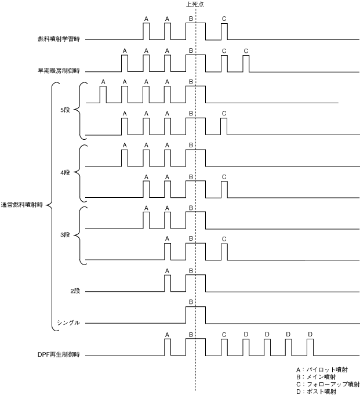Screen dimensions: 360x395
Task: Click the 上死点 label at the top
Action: [x=195, y=4]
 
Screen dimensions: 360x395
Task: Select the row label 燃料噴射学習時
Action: [x=58, y=39]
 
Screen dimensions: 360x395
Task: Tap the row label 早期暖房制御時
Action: [x=58, y=72]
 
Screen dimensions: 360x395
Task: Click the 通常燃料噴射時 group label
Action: [x=23, y=204]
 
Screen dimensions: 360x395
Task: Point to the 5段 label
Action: [x=64, y=110]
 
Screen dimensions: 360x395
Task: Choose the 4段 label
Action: [x=64, y=173]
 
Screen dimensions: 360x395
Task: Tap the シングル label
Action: [x=68, y=322]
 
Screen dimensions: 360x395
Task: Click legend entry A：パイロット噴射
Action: [x=322, y=369]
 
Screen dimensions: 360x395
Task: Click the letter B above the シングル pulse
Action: [x=191, y=302]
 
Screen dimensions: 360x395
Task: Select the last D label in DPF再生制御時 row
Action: [x=310, y=335]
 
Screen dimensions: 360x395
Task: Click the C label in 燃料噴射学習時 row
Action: [x=224, y=19]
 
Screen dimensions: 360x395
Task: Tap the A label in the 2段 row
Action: [x=167, y=270]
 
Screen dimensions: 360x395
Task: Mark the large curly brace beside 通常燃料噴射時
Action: [x=53, y=206]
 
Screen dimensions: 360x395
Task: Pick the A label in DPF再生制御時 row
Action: [x=167, y=335]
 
